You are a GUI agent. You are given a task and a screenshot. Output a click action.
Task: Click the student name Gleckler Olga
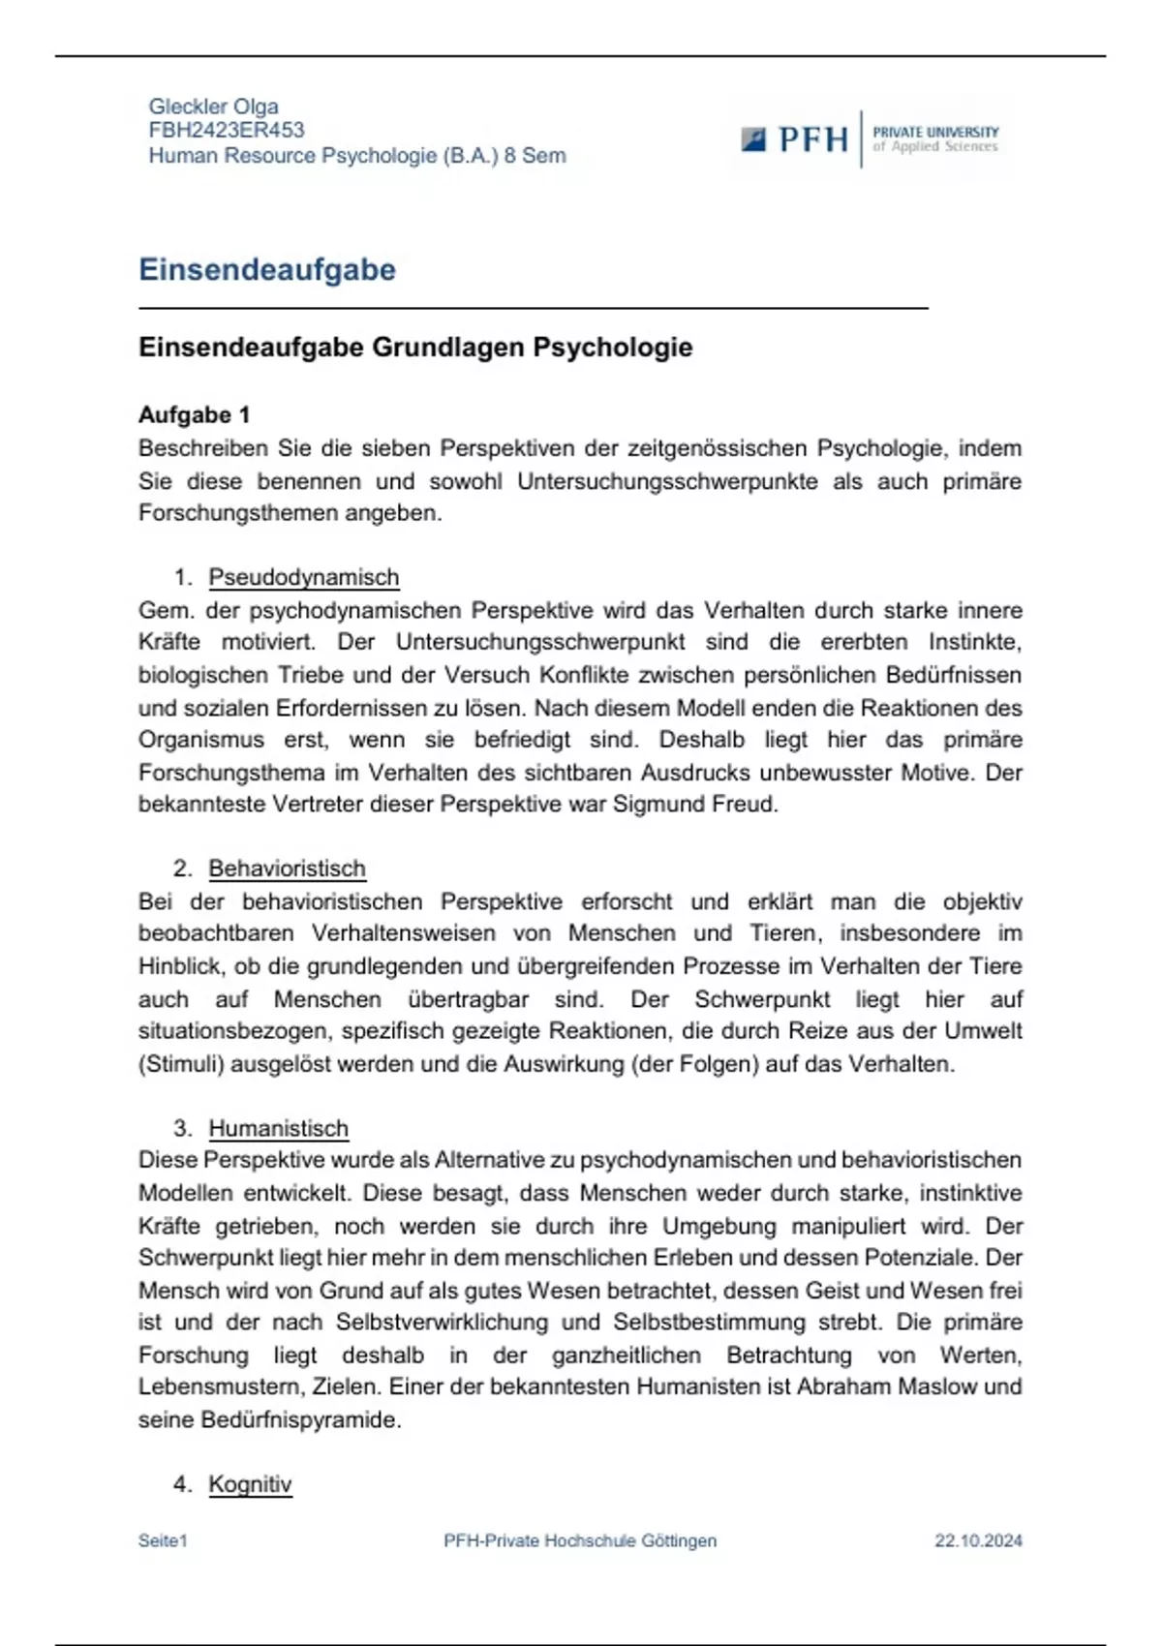tap(213, 107)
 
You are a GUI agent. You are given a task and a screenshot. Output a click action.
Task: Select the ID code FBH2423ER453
tap(226, 131)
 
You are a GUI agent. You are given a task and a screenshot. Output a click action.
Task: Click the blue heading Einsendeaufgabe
tap(267, 270)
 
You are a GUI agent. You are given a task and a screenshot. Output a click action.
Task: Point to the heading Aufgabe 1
tap(194, 415)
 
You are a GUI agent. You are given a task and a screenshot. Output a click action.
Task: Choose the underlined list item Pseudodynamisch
tap(303, 578)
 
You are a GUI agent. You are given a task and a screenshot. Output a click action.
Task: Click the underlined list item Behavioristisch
tap(287, 869)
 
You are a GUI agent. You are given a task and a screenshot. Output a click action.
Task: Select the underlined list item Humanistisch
tap(278, 1129)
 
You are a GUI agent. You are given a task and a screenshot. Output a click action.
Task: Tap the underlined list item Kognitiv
tap(250, 1484)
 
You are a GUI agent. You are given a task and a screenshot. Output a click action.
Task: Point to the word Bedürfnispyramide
tap(300, 1420)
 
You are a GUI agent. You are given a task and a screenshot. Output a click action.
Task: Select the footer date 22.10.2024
tap(978, 1541)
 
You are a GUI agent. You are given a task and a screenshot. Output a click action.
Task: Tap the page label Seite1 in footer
tap(163, 1541)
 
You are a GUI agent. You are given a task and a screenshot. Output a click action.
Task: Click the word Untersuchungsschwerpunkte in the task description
tap(667, 481)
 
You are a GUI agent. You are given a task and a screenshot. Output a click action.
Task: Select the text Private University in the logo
tap(935, 132)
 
